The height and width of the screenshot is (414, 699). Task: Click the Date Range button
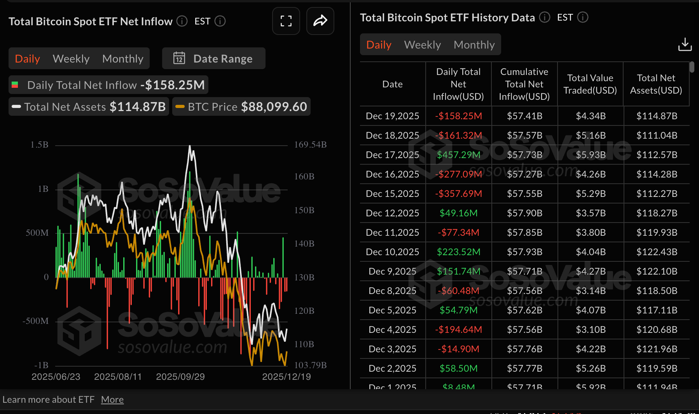[x=213, y=59]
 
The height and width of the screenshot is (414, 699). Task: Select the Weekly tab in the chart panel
[x=71, y=59]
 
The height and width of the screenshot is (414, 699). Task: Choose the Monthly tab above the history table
[x=474, y=45]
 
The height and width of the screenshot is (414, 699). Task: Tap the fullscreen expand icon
[x=286, y=21]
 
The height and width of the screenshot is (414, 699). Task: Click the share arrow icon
[x=320, y=21]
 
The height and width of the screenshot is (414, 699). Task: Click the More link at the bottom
[x=112, y=400]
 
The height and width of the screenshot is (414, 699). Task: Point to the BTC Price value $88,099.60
[x=274, y=107]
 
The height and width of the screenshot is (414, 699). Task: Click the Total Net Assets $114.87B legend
[x=89, y=107]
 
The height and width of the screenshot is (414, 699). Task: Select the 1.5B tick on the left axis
[x=39, y=145]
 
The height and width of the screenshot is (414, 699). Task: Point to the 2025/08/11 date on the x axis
[x=118, y=377]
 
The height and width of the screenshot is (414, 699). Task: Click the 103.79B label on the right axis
[x=310, y=365]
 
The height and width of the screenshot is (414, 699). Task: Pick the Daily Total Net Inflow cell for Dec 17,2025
[x=458, y=155]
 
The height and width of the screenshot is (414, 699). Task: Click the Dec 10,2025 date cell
[x=392, y=252]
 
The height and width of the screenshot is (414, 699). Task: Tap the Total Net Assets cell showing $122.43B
[x=657, y=252]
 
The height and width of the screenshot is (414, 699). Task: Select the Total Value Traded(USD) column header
[x=590, y=84]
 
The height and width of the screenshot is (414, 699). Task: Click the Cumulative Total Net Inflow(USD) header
[x=524, y=84]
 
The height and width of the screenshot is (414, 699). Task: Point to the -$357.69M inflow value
[x=458, y=194]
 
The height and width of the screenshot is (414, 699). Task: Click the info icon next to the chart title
[x=182, y=21]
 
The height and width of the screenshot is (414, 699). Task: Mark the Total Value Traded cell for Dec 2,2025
[x=591, y=369]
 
